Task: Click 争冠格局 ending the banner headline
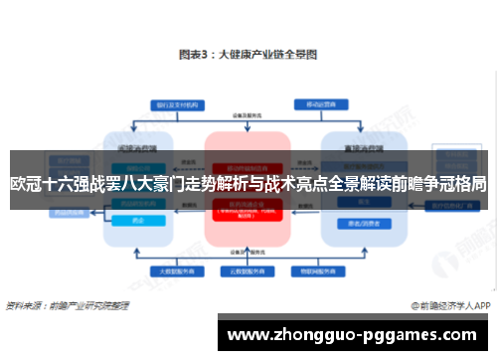click(x=456, y=183)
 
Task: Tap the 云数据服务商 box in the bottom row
click(x=246, y=270)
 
